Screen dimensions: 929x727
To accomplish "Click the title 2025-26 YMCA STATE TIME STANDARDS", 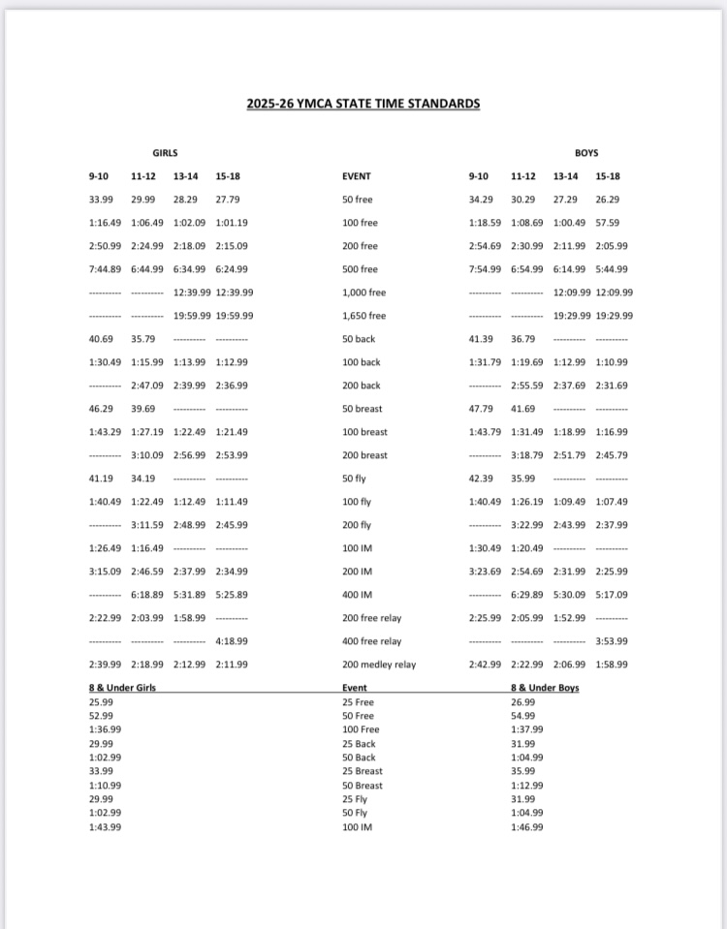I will point(363,104).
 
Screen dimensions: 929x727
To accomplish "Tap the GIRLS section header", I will point(165,153).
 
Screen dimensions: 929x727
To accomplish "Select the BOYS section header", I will point(586,153).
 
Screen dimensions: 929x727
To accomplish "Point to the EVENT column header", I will point(357,176).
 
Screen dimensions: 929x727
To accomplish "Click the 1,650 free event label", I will point(363,316).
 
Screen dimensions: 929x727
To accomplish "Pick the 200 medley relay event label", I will point(378,665).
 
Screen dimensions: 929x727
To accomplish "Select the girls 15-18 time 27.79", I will point(228,200).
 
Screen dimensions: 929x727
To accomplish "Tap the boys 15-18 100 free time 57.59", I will point(608,223).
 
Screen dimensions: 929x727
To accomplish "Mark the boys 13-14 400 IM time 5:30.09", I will point(569,595).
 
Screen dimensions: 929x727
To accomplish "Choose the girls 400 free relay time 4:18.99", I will point(232,641).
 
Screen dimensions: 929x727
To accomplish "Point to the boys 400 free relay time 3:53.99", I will point(612,641).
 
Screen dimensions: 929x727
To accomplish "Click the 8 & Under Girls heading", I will point(122,688).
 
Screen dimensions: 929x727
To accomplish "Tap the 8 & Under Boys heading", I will point(545,688).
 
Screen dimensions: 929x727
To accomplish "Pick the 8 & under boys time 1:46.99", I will point(527,827).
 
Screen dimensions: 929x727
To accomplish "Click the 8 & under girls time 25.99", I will point(100,701).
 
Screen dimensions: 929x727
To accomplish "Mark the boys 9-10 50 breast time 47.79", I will point(482,409).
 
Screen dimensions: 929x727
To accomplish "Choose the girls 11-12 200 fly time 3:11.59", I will point(147,525).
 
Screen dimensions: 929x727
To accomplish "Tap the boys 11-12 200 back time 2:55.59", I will point(527,386).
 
